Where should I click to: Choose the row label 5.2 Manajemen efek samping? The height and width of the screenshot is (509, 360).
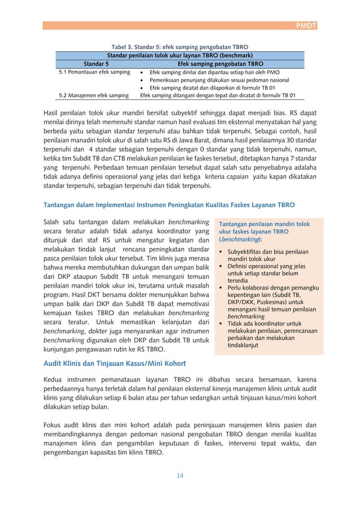tap(94, 95)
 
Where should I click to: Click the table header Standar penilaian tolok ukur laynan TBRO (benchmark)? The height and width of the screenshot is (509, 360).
tap(180, 55)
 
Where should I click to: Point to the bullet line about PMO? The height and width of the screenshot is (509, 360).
tap(217, 72)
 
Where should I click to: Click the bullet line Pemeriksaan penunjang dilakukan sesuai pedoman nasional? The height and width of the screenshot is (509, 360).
tap(223, 80)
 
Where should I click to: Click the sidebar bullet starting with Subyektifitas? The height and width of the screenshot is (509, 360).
tap(267, 254)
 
